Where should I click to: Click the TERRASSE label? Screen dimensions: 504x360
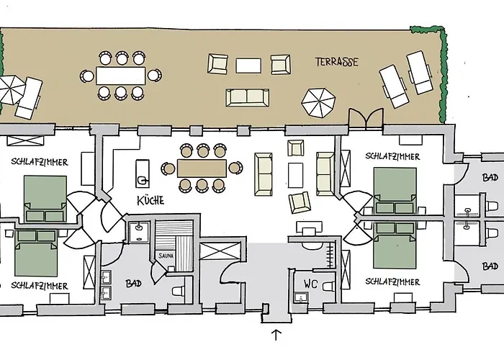pyautogui.click(x=336, y=62)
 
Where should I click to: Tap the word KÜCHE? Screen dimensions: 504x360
pyautogui.click(x=150, y=201)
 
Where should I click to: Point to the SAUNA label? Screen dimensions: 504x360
pyautogui.click(x=166, y=256)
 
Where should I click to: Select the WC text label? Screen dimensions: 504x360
pyautogui.click(x=310, y=284)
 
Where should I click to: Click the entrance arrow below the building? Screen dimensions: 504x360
pyautogui.click(x=276, y=335)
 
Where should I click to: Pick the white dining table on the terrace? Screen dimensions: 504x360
pyautogui.click(x=120, y=76)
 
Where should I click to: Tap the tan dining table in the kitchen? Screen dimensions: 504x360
pyautogui.click(x=202, y=168)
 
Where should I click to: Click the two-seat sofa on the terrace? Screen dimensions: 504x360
pyautogui.click(x=247, y=98)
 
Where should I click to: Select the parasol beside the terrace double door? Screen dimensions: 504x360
pyautogui.click(x=318, y=103)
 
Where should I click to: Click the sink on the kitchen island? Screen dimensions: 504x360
pyautogui.click(x=143, y=181)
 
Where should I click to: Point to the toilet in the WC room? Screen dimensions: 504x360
pyautogui.click(x=328, y=285)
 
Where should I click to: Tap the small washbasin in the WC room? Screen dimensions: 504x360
pyautogui.click(x=301, y=298)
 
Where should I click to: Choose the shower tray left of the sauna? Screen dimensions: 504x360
pyautogui.click(x=139, y=231)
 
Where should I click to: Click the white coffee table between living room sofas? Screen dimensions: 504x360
pyautogui.click(x=295, y=175)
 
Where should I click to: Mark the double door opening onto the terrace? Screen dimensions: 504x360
pyautogui.click(x=366, y=119)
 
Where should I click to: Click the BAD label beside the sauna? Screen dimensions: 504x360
pyautogui.click(x=133, y=283)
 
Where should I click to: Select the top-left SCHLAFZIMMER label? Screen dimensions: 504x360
pyautogui.click(x=40, y=162)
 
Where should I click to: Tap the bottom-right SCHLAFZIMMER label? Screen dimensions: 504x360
pyautogui.click(x=392, y=282)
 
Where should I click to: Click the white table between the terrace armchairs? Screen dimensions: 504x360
pyautogui.click(x=248, y=66)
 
